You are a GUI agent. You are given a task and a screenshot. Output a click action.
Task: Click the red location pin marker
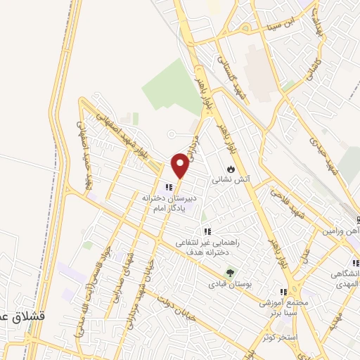(181, 165)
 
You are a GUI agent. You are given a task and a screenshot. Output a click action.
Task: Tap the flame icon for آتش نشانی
(231, 169)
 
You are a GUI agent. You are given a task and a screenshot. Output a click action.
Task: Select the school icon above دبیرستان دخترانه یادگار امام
(168, 187)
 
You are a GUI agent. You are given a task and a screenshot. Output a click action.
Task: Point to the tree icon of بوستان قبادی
(229, 273)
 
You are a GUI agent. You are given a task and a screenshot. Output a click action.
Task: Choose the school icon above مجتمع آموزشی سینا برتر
(283, 292)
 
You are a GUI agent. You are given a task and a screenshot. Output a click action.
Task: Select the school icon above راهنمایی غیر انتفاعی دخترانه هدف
(207, 231)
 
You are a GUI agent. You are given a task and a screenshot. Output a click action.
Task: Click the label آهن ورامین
(341, 231)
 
